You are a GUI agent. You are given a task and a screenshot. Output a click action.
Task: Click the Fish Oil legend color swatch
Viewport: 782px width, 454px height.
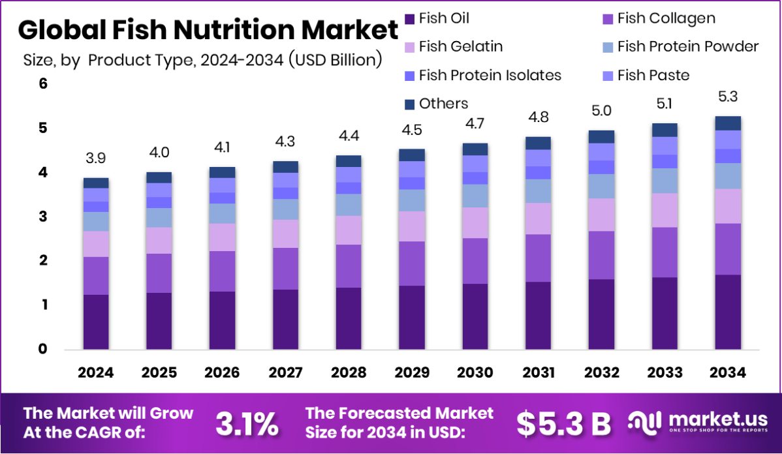point(409,18)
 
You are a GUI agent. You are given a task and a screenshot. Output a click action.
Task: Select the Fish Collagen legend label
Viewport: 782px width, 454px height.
point(666,18)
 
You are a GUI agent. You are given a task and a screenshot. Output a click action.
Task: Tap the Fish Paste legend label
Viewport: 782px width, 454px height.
point(653,75)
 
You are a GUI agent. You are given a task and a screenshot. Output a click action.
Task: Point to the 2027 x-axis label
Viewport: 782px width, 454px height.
point(285,372)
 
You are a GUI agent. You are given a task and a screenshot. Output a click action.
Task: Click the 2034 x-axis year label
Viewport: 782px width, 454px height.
point(728,372)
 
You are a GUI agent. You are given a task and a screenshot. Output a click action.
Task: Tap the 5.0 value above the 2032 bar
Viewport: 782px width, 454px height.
point(601,111)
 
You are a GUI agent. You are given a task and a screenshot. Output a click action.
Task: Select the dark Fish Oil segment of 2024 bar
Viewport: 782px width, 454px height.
point(96,322)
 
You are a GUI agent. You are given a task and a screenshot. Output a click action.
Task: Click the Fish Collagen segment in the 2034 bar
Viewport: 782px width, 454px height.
point(728,249)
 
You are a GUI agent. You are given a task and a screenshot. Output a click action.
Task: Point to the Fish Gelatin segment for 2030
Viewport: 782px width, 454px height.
point(475,222)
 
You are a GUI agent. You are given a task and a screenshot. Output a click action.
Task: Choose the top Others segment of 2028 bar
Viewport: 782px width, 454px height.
point(349,161)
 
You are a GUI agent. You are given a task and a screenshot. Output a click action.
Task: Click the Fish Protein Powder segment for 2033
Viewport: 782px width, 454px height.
point(665,181)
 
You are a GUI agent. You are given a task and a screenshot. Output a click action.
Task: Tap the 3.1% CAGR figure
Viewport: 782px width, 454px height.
point(247,424)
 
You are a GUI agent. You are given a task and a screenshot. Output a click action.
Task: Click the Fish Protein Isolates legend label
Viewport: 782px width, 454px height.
point(490,75)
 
